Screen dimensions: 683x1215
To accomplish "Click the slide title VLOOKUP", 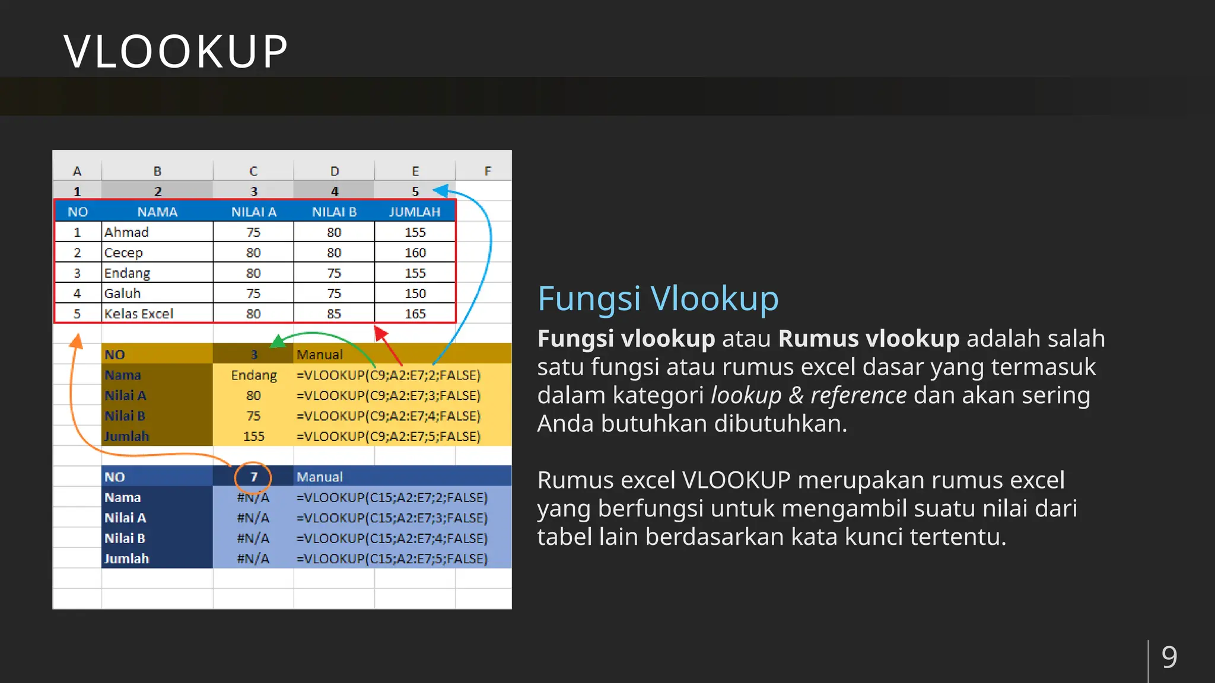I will pyautogui.click(x=176, y=52).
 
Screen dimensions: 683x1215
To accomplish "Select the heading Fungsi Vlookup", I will pyautogui.click(x=657, y=298).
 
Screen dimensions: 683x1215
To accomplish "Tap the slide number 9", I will pyautogui.click(x=1169, y=657).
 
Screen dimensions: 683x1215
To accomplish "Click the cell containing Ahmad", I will pyautogui.click(x=127, y=232).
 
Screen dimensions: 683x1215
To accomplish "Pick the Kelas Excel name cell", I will pyautogui.click(x=139, y=314).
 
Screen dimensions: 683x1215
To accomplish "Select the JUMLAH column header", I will pyautogui.click(x=415, y=212).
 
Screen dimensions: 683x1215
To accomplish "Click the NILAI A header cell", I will pyautogui.click(x=254, y=212).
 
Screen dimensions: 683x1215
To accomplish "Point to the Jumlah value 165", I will pyautogui.click(x=415, y=314).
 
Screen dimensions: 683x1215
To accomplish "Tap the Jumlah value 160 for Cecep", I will pyautogui.click(x=415, y=253).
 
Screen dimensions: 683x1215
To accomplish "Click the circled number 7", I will pyautogui.click(x=253, y=477).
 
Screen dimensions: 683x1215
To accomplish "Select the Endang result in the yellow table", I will pyautogui.click(x=254, y=375).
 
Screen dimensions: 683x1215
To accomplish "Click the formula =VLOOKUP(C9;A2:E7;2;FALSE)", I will pyautogui.click(x=389, y=375).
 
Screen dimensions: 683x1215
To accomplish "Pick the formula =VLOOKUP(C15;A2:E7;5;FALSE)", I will pyautogui.click(x=392, y=558).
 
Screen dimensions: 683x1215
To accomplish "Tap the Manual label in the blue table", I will pyautogui.click(x=320, y=477).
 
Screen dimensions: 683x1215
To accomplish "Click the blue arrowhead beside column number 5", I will pyautogui.click(x=440, y=190).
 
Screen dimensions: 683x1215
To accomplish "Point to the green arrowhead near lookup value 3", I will pyautogui.click(x=277, y=341).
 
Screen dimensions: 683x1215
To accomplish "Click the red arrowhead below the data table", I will pyautogui.click(x=380, y=333).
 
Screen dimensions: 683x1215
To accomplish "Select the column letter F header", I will pyautogui.click(x=488, y=171).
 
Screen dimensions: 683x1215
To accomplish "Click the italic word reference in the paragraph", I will pyautogui.click(x=858, y=395).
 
